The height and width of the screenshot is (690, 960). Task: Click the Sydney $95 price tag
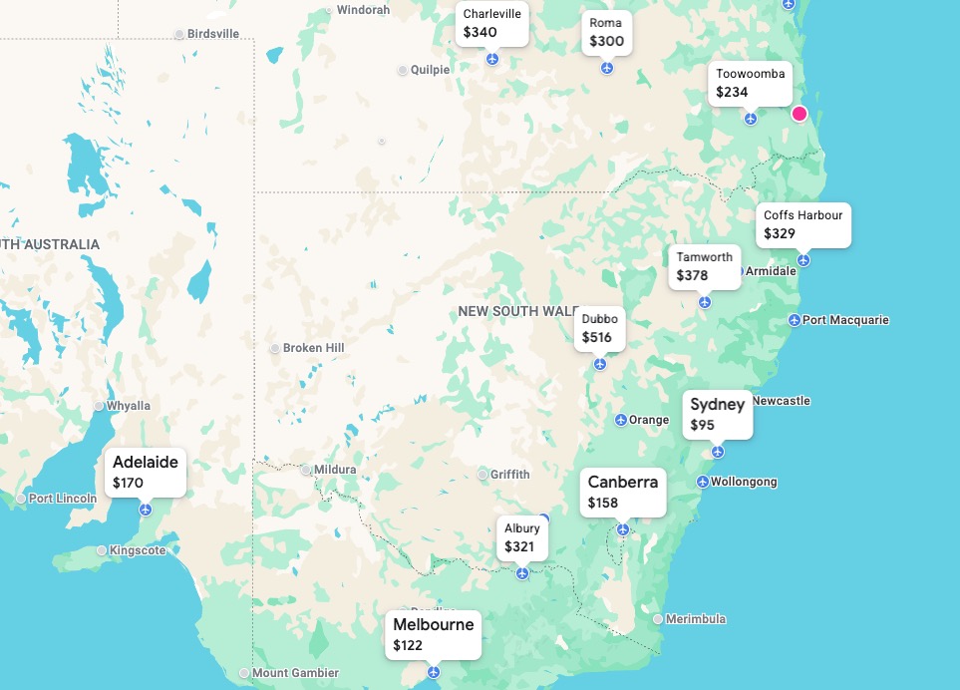tap(718, 414)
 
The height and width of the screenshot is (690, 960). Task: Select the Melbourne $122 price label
tap(434, 634)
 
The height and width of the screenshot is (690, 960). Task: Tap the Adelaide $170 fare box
tap(146, 472)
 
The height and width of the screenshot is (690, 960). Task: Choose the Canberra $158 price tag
tap(623, 492)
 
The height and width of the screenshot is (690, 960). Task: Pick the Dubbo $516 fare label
tap(599, 328)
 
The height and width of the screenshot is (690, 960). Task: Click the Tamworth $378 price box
tap(705, 266)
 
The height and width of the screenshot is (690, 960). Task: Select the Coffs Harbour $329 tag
tap(802, 224)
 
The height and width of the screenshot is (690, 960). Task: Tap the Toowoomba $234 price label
tap(750, 84)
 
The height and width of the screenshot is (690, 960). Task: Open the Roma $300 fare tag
tap(606, 33)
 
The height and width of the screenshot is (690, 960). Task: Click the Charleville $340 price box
tap(491, 24)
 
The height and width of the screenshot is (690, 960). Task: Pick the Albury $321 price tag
tap(521, 537)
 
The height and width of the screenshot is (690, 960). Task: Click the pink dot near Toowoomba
tap(799, 114)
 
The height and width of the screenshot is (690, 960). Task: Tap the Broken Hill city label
tap(313, 348)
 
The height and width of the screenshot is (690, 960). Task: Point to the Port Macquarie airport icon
tap(794, 320)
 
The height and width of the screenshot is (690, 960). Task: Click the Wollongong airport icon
tap(702, 483)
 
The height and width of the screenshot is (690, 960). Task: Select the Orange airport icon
tap(620, 420)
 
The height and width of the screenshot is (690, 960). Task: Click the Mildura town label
tap(334, 470)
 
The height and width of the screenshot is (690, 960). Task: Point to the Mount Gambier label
tap(295, 673)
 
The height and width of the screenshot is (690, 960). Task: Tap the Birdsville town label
tap(213, 34)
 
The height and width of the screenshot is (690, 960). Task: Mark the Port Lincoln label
tap(62, 499)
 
